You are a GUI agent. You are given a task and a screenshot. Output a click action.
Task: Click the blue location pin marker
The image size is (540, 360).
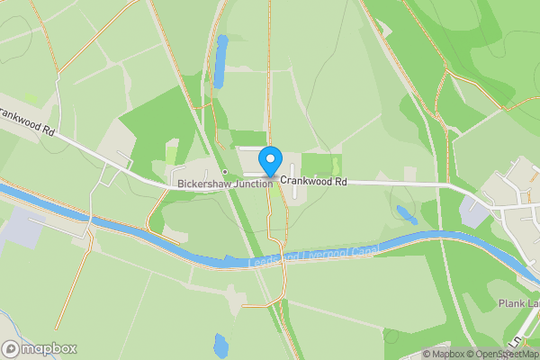coord(269,161)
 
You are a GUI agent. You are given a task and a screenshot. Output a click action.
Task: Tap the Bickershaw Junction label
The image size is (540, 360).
coord(224,184)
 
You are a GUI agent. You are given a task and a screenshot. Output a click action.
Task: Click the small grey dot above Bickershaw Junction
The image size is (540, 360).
coord(224,172)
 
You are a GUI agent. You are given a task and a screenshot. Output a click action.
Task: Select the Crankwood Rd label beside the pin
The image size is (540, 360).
coord(312,182)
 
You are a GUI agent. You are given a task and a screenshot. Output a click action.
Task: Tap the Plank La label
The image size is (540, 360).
coord(517,304)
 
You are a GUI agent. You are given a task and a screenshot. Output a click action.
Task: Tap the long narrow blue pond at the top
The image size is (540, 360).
coord(220,61)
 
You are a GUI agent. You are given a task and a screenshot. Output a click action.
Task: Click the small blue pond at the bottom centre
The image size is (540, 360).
coord(221,346)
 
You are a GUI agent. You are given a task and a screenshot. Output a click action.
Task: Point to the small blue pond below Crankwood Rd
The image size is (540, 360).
coord(407,215)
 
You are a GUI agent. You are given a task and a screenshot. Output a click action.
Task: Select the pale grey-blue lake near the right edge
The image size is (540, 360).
coord(472,211)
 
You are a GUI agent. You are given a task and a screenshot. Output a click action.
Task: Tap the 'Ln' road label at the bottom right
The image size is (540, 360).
coord(516,343)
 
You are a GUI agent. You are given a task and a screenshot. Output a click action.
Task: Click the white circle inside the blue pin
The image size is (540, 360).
coord(269,157)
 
